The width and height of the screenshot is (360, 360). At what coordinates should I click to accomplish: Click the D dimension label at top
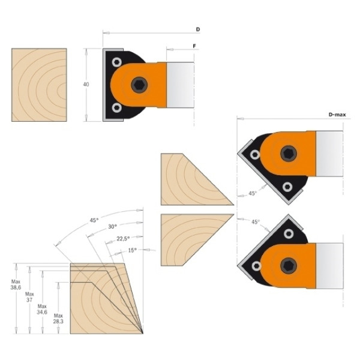pos(197,29)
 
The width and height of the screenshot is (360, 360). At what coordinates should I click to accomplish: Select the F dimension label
pos(194,46)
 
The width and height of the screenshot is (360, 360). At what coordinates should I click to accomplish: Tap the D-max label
pos(337,115)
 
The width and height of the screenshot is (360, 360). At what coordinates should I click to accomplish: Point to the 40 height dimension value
pos(86,85)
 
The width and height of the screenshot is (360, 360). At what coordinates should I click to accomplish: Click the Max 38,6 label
pos(16,284)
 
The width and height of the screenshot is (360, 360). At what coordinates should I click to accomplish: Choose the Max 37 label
pos(29,297)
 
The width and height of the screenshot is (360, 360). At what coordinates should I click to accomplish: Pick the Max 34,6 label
pos(42,309)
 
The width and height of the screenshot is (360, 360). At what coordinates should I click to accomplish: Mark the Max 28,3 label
pos(58,319)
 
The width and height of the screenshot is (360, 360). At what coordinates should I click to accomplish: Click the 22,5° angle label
pos(123,239)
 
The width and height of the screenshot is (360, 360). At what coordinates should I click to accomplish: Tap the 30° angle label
pos(113,227)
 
